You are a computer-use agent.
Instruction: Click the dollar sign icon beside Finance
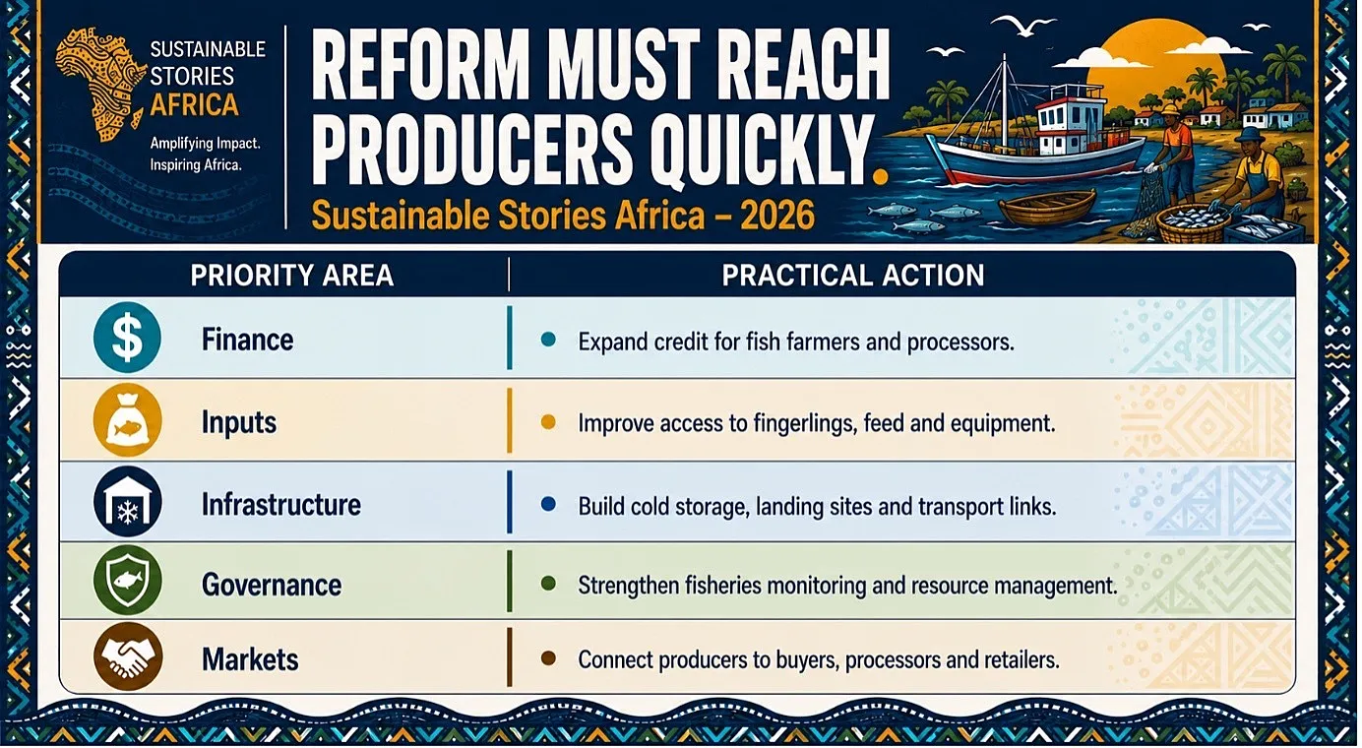127,338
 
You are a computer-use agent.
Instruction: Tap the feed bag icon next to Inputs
127,420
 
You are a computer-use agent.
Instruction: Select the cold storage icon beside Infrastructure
127,502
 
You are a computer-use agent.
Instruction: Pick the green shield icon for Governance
127,581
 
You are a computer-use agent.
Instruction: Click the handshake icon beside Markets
127,657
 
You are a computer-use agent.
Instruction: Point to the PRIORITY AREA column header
292,276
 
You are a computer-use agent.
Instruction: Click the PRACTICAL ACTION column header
853,276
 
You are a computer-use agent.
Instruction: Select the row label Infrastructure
280,505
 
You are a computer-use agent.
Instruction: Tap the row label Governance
272,585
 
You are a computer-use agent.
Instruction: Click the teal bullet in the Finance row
548,340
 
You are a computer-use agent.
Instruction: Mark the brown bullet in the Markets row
548,658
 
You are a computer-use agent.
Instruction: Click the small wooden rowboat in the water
1047,207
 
